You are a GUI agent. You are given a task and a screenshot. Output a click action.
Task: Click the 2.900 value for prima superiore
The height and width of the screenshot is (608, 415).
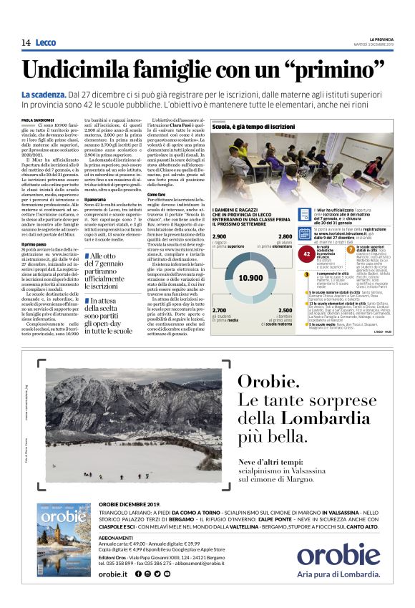point(220,236)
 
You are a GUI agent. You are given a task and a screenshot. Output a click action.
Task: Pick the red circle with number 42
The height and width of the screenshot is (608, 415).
point(307,254)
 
